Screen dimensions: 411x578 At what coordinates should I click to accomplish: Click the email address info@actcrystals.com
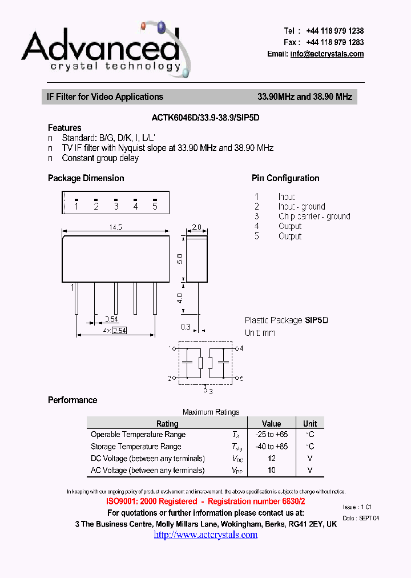tap(327, 54)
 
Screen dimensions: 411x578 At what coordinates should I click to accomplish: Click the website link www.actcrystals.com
tap(205, 535)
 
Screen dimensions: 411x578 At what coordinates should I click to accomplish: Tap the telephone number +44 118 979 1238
tap(335, 31)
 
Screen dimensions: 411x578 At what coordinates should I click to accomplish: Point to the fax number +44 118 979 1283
tap(335, 42)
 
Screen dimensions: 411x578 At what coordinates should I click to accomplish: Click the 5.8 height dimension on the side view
tap(180, 258)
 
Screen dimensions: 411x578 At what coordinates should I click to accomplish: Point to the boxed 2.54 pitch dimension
tap(119, 330)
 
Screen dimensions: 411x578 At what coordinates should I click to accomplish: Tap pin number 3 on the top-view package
tap(116, 206)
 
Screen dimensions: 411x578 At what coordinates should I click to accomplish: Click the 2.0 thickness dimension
tap(196, 227)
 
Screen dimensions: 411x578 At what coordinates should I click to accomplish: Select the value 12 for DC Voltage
tap(271, 458)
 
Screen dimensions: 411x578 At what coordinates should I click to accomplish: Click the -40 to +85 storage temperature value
tap(271, 446)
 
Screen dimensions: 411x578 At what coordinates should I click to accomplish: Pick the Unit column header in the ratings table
tap(310, 423)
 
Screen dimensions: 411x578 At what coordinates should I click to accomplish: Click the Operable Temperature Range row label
tap(138, 435)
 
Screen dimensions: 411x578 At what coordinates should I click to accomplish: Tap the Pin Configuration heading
tap(285, 178)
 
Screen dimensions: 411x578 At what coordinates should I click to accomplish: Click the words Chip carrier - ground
tap(315, 216)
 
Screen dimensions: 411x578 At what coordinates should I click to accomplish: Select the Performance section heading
tap(72, 400)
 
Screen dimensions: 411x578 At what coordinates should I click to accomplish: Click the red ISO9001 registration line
tap(205, 501)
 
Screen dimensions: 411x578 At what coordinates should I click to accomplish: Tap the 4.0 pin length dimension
tap(180, 298)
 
